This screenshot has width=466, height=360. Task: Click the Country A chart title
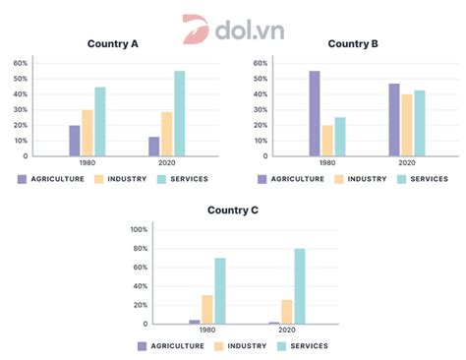[114, 43]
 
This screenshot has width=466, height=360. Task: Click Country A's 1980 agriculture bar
[75, 140]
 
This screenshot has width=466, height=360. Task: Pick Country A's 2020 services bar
[179, 113]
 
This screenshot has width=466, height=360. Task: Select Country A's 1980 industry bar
[87, 132]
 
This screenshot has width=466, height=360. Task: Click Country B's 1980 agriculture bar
[315, 113]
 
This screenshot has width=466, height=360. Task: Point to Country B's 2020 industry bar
[407, 125]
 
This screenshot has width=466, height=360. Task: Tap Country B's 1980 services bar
[340, 136]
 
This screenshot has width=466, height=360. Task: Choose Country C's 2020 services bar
[299, 285]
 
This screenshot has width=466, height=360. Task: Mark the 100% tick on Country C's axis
[139, 229]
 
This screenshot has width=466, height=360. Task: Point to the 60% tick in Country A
[20, 63]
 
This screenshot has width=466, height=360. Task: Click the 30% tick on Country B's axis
[260, 109]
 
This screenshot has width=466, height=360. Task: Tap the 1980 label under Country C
[207, 331]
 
